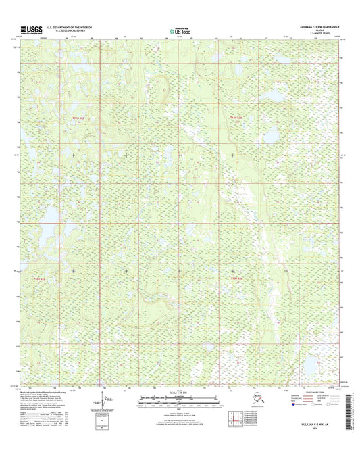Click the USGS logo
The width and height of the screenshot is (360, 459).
(x=32, y=29)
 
